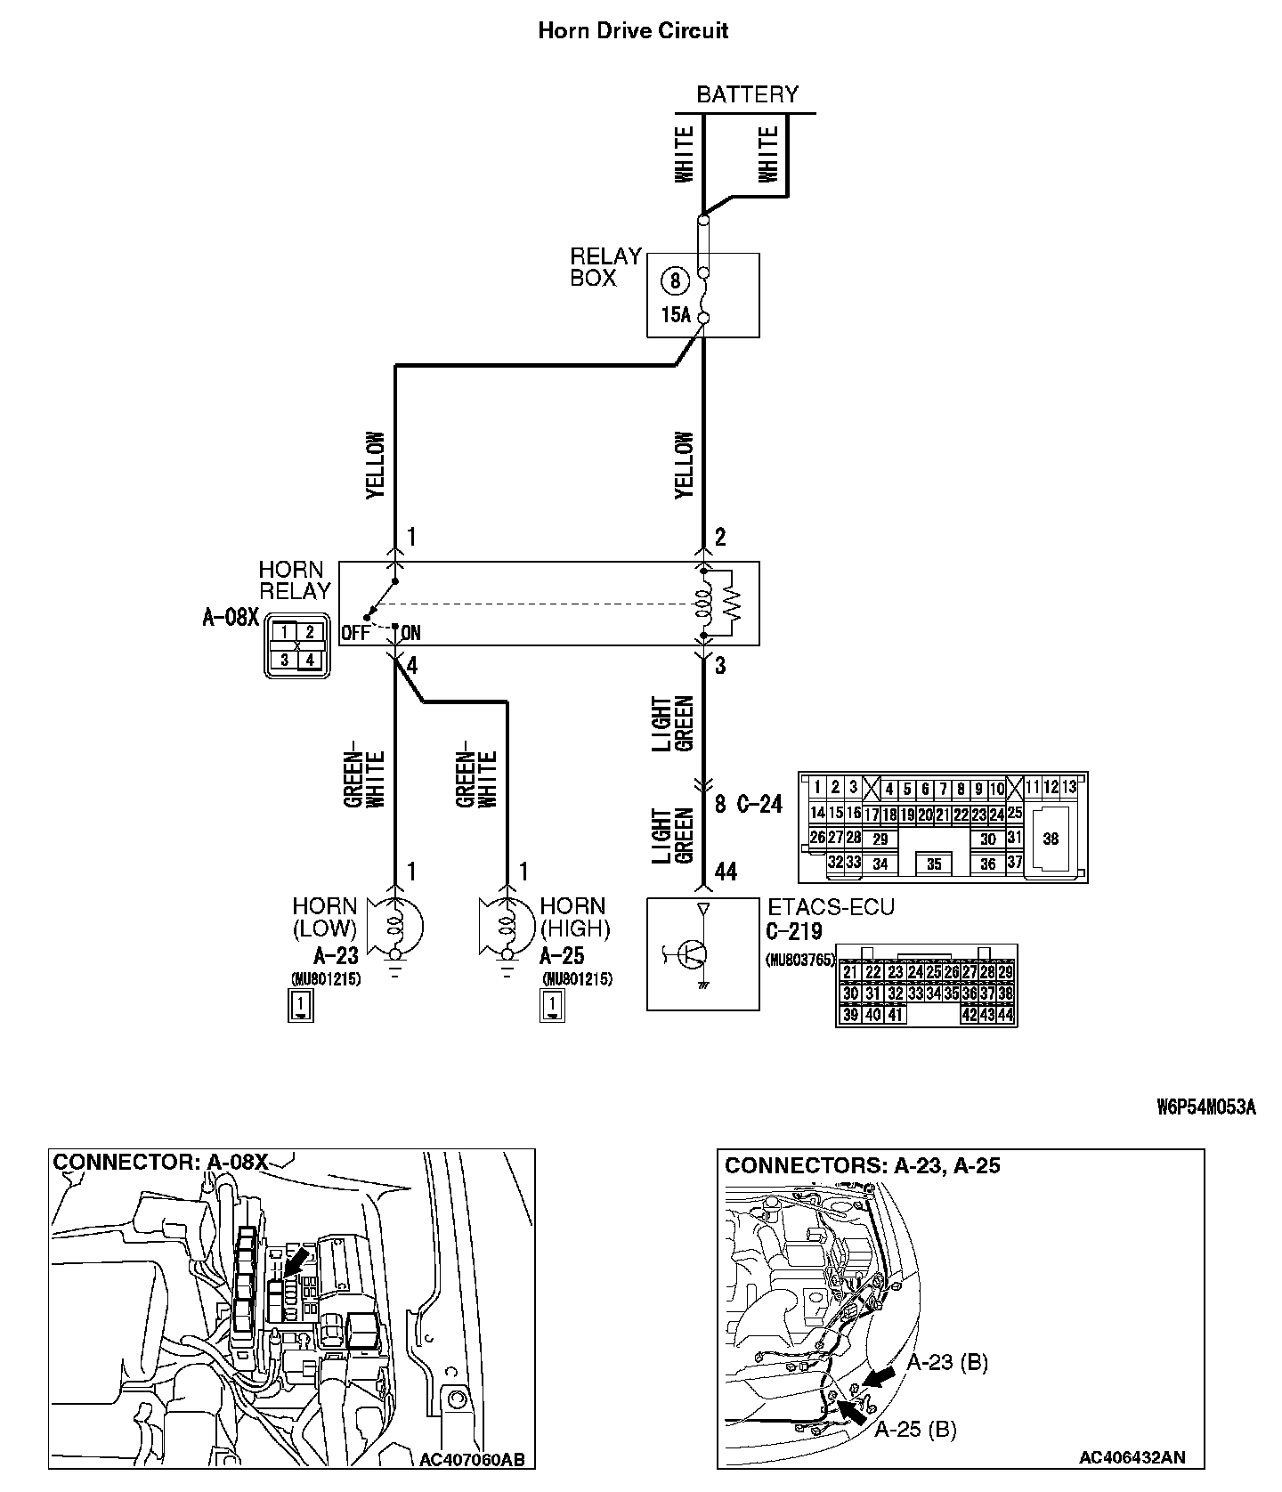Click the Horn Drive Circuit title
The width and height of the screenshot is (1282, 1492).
tap(633, 30)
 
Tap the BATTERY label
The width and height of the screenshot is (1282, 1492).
tap(747, 94)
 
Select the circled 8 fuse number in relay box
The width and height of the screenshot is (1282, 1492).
tap(675, 281)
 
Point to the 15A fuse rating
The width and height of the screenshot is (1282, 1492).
tap(676, 314)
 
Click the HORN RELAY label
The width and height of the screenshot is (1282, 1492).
tap(294, 580)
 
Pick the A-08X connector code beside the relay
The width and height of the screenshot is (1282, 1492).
tap(230, 617)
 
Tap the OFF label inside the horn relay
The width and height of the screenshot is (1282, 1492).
tap(355, 634)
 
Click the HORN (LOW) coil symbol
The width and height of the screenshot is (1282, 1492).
tap(398, 926)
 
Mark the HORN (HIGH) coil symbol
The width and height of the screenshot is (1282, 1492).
tap(507, 926)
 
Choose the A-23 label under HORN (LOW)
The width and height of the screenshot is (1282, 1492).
tap(336, 956)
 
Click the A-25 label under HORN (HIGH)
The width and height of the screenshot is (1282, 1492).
tap(563, 956)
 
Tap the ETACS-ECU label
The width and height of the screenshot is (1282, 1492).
tap(831, 907)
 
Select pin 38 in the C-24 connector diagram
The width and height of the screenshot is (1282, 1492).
tap(1051, 839)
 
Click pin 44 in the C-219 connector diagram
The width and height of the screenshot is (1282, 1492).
tap(1005, 1014)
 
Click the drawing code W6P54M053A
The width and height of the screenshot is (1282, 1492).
tap(1206, 1107)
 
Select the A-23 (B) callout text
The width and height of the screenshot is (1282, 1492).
tap(947, 1362)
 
